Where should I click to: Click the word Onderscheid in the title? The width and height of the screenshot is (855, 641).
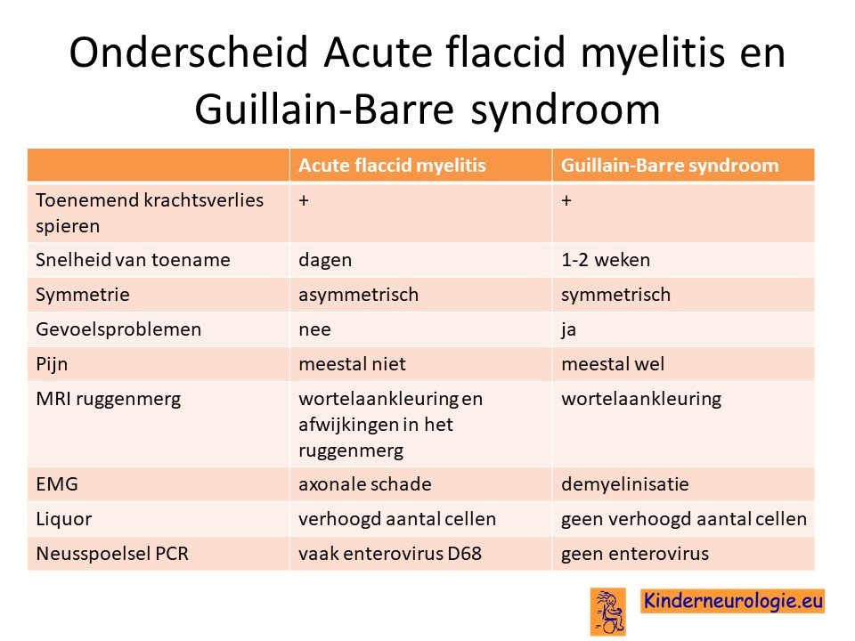189,53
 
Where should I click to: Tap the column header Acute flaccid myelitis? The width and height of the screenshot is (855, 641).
392,166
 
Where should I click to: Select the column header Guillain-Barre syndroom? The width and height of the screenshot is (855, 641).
670,166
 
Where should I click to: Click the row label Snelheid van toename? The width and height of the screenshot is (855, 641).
133,259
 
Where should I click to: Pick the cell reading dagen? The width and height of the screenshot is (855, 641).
325,261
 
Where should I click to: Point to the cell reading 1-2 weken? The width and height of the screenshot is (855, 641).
606,259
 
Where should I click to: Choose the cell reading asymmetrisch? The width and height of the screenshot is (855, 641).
358,295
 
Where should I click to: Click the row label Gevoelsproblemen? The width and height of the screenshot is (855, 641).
118,329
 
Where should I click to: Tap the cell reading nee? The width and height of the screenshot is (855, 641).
314,329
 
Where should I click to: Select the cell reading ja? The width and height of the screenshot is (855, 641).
569,330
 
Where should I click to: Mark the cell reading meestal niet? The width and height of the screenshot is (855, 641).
353,364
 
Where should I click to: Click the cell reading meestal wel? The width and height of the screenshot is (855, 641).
613,364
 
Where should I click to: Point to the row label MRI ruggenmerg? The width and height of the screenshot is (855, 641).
109,400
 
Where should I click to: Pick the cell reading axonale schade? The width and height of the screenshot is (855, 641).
365,484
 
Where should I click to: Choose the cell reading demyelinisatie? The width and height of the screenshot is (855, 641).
625,484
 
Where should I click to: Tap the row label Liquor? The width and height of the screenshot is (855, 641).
64,519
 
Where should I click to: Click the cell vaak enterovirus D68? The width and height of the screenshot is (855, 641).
390,554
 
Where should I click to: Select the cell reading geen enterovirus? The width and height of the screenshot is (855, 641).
635,554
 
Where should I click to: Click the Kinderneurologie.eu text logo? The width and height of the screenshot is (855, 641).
733,601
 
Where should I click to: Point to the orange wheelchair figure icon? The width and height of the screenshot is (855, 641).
608,612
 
